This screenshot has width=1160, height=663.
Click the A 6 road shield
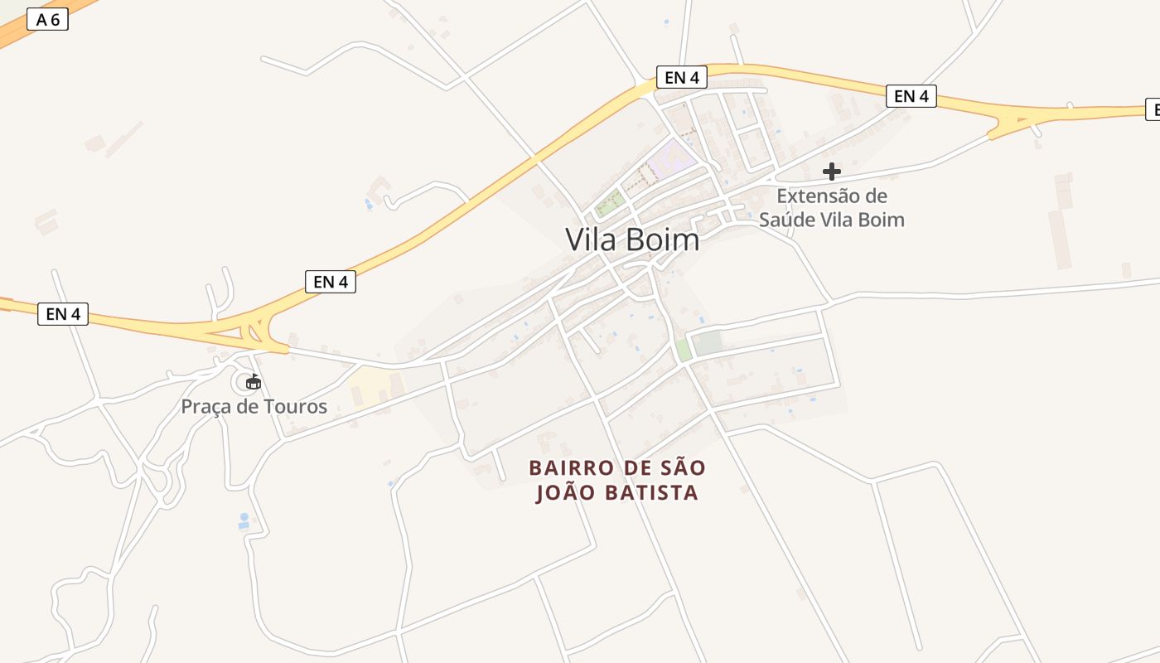(47, 19)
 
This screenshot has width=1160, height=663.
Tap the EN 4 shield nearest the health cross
(911, 96)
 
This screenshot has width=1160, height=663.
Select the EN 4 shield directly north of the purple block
(682, 77)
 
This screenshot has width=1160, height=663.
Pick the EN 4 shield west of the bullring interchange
(62, 314)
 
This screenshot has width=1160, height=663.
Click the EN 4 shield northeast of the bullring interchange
(330, 282)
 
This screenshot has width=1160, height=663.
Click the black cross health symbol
(832, 172)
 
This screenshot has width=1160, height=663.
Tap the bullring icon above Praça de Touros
(253, 382)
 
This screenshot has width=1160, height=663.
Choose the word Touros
(296, 407)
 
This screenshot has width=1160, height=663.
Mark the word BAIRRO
(572, 468)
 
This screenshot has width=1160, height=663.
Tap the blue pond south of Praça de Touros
(244, 521)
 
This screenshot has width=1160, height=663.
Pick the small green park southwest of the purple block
(609, 202)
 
